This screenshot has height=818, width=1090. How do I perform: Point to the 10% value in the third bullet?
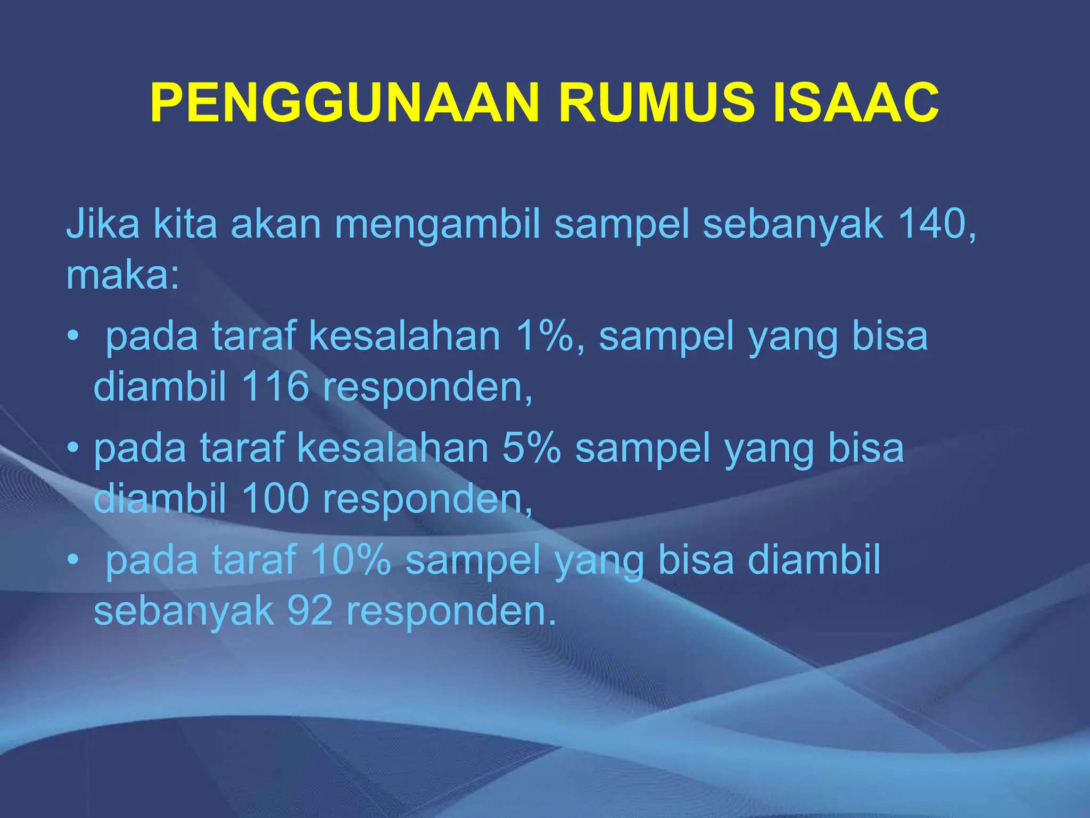351,560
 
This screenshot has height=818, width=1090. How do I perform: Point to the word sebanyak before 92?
184,611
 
